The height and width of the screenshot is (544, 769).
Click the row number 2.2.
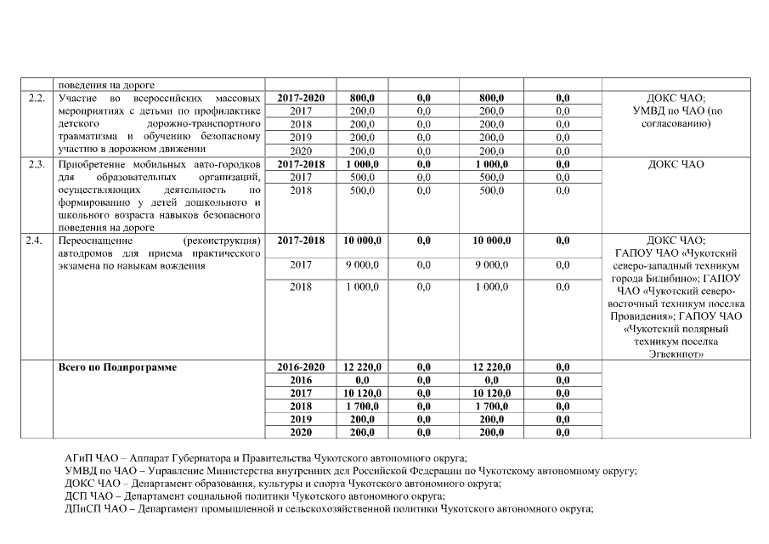36,99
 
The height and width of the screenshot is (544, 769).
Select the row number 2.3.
36,164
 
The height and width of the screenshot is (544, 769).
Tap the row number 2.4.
36,241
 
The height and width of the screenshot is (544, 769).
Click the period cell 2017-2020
301,99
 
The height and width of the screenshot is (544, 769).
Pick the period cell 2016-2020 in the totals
301,366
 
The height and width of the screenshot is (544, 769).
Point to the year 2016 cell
301,380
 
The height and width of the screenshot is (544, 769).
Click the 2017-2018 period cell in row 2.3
301,164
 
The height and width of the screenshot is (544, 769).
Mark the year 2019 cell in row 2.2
301,137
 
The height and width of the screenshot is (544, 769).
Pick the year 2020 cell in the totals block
301,433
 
